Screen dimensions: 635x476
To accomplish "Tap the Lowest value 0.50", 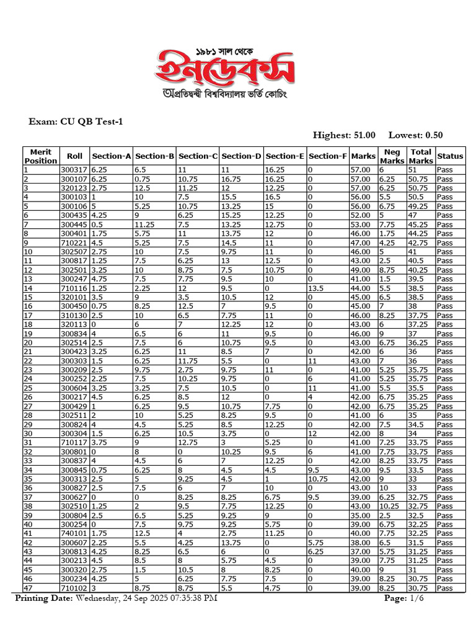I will tap(431, 135).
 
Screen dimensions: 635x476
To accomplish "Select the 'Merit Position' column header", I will tap(40, 156).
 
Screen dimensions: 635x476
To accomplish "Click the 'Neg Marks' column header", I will tap(392, 156).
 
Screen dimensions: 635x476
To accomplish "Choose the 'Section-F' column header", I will tap(327, 156).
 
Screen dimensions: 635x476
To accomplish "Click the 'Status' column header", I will tap(450, 156).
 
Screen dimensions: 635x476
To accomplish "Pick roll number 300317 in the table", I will tap(74, 169).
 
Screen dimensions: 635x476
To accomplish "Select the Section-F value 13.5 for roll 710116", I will tap(316, 288).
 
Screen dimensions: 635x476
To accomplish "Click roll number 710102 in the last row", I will tap(74, 588).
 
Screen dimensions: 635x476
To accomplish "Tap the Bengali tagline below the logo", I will tap(224, 94).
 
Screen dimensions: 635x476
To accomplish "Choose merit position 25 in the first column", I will tap(28, 388).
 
